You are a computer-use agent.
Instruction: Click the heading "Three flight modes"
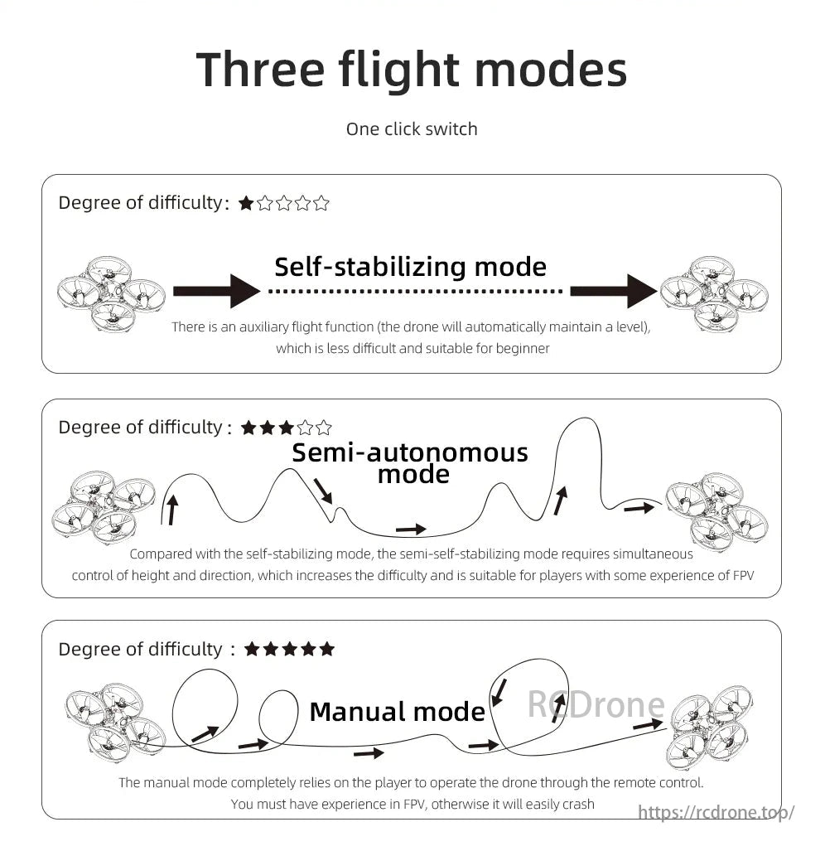412,70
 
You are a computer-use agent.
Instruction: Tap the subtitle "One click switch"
412,129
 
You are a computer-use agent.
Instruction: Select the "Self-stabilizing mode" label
410,267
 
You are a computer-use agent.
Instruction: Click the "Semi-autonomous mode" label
410,463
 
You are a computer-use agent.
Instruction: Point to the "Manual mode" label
397,712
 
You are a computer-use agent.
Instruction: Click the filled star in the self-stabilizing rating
246,203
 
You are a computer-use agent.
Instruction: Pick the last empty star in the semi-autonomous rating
324,428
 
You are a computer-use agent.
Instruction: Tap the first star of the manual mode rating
252,649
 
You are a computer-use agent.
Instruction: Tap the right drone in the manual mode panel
711,727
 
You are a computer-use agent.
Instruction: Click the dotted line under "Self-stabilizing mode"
415,292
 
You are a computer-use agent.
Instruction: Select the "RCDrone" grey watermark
596,705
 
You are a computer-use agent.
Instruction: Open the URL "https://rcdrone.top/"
716,813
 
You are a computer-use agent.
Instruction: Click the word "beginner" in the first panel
523,348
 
